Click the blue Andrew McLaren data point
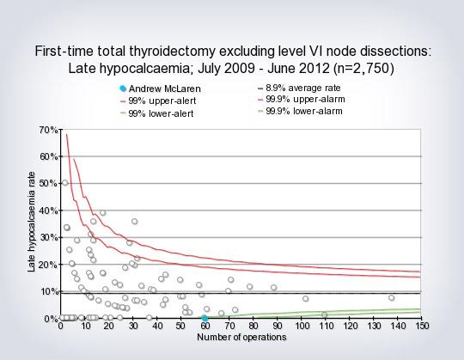click(x=205, y=318)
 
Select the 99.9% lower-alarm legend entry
click(x=305, y=113)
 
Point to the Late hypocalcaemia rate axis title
click(x=32, y=225)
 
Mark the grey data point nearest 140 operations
click(x=391, y=298)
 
